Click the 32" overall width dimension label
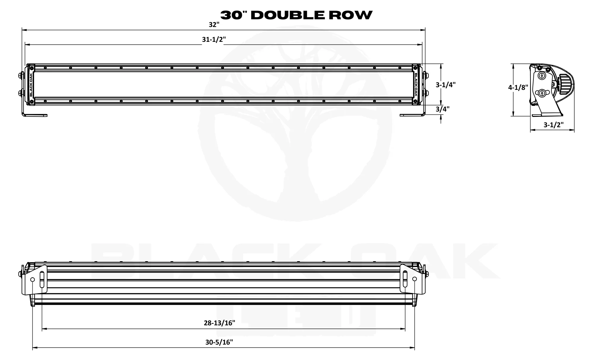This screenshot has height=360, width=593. pos(214,25)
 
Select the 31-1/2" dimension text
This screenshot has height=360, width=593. pos(214,40)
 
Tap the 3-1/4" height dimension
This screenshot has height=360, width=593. pos(445,85)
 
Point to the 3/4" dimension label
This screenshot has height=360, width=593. pos(442,109)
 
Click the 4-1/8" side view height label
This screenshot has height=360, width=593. pos(518,87)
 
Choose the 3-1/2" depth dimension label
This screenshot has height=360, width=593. pos(553,125)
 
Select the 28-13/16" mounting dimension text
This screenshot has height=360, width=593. pos(219,323)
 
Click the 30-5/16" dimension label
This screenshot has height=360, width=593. pos(219,343)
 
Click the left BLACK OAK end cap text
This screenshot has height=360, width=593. pos(31,85)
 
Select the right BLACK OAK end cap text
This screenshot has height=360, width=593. pos(416,85)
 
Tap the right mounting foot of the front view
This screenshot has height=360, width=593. pos(412,114)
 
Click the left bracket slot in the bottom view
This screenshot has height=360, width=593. pos(42,279)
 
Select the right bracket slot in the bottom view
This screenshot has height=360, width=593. pos(405,279)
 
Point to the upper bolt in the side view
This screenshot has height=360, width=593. pos(542,76)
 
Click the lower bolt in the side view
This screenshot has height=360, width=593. pos(542,93)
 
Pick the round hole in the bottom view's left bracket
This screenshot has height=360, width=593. pos(33,279)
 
